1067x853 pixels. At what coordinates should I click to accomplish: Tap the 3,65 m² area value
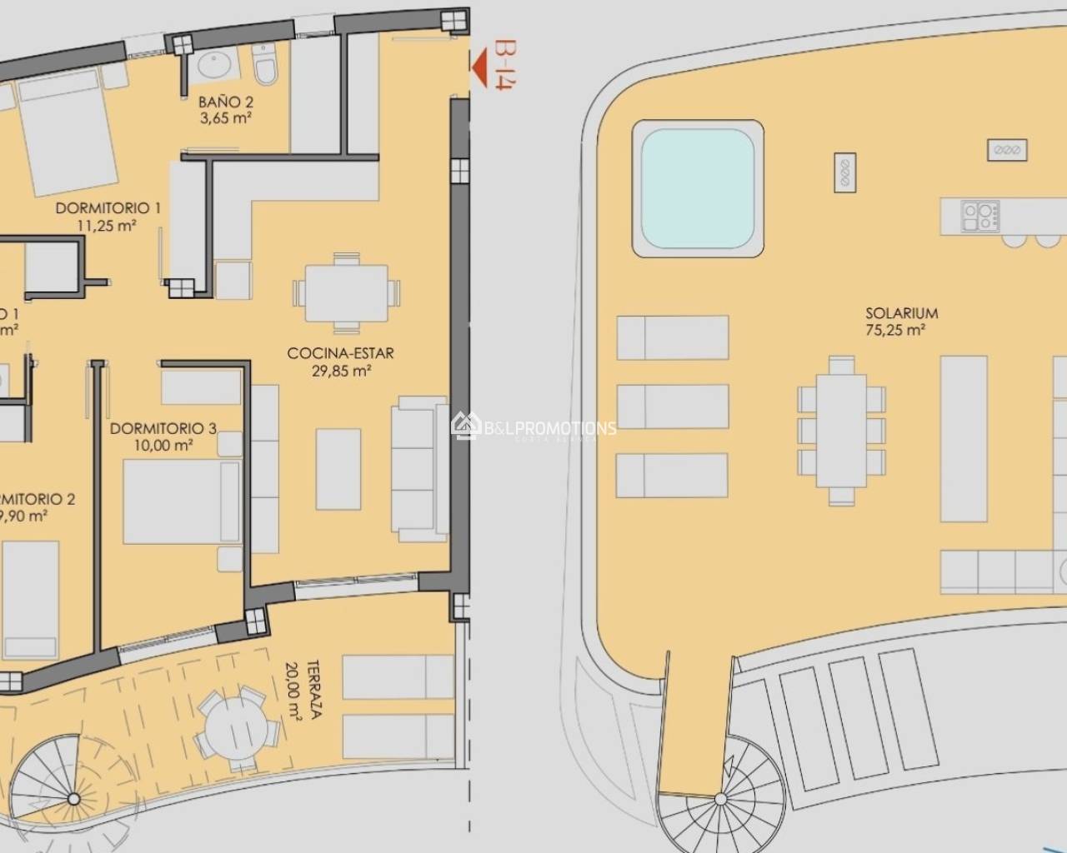[225, 117]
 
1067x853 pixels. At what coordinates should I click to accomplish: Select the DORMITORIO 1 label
[108, 208]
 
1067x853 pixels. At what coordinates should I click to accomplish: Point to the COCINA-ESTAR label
[340, 353]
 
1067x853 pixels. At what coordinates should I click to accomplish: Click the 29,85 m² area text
[341, 372]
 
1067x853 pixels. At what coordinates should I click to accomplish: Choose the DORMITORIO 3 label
[163, 428]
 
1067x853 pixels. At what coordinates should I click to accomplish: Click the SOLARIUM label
[901, 313]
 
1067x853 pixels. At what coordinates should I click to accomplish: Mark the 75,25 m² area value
[901, 330]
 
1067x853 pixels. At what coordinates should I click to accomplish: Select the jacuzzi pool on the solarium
[698, 188]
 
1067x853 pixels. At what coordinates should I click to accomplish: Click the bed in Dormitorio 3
[178, 501]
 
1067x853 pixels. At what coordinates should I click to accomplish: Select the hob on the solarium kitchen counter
[980, 217]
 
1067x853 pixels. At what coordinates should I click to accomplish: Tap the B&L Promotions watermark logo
[463, 426]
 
